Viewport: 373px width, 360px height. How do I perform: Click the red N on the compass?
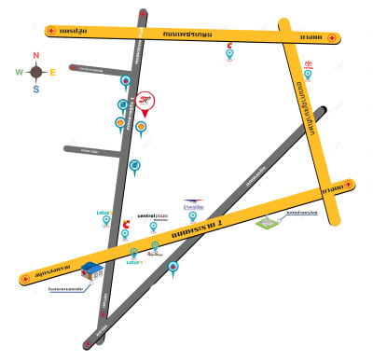click(x=35, y=55)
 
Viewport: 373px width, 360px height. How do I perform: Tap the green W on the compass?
click(x=19, y=72)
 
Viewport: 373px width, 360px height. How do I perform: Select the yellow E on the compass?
click(x=53, y=72)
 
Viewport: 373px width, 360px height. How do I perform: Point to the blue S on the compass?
click(x=35, y=90)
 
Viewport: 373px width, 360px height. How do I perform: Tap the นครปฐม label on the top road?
click(x=73, y=31)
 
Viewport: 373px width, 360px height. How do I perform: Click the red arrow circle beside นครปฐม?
click(x=50, y=31)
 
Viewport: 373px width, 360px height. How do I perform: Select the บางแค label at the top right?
click(x=311, y=36)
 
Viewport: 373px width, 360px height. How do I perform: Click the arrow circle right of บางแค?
click(x=333, y=38)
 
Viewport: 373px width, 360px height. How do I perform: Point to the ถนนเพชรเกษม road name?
click(x=186, y=34)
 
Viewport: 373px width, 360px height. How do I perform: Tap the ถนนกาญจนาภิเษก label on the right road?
click(x=306, y=107)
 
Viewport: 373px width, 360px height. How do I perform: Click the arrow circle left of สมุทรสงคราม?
click(x=25, y=278)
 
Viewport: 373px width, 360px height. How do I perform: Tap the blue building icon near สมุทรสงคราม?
click(x=91, y=271)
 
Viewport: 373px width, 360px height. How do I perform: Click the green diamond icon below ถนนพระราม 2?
click(x=268, y=222)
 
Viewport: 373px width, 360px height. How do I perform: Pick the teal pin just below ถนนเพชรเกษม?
click(x=229, y=53)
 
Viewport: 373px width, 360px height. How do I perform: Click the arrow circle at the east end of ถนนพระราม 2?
click(x=348, y=184)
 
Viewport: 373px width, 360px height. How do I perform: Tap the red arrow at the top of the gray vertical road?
click(x=142, y=14)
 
